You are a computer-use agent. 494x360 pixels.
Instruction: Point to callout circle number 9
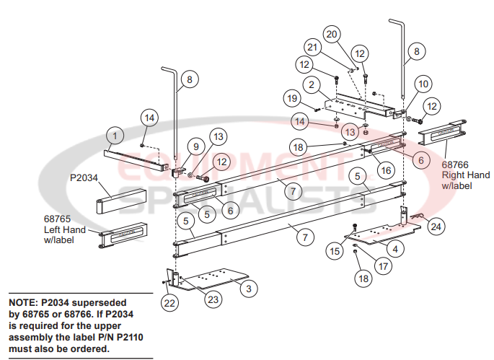(194, 146)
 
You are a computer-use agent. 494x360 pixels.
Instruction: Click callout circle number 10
(423, 83)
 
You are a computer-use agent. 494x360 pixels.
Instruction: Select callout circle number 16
(386, 170)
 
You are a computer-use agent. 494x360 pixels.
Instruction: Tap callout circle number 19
(291, 98)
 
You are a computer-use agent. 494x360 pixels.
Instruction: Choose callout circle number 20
(332, 34)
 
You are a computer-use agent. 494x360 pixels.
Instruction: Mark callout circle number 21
(312, 48)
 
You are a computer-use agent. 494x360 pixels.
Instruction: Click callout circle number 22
(169, 304)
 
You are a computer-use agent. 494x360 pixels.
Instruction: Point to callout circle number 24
(435, 227)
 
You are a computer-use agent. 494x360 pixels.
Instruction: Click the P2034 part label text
(84, 177)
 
